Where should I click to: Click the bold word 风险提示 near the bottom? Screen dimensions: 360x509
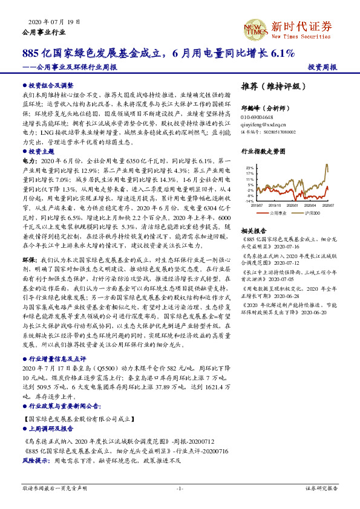tap(36, 461)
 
